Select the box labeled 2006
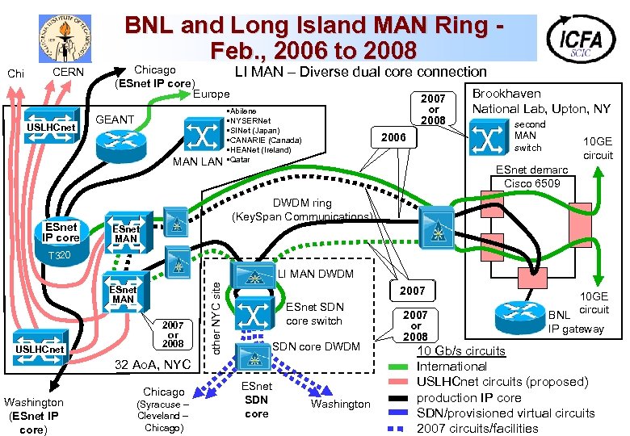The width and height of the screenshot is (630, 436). coord(393,137)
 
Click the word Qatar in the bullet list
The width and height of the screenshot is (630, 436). coord(241,160)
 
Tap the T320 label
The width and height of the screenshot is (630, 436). coord(59,256)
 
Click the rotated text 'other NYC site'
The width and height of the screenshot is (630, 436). coord(216,308)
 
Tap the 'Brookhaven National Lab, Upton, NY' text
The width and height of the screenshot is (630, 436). coord(541,101)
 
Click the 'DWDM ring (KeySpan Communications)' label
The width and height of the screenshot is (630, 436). coord(301,210)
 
